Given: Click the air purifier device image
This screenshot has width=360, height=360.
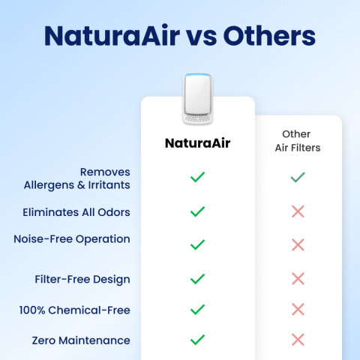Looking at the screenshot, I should tap(197, 99).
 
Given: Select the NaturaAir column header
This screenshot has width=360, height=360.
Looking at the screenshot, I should tap(197, 142).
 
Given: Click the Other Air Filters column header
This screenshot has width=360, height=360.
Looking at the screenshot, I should tap(297, 141).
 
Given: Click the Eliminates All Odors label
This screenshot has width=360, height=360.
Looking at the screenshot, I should tap(76, 212).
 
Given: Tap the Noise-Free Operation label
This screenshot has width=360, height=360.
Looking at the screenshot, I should tap(72, 238).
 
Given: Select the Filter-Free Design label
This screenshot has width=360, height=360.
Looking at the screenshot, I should tap(82, 279).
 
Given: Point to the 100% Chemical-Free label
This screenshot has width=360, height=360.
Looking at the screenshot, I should tap(77, 310).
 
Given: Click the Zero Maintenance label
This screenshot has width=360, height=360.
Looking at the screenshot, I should tap(81, 340).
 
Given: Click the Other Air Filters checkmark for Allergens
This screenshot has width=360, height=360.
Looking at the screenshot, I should tap(298, 178).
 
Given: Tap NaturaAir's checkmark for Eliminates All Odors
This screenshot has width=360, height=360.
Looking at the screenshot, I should tap(197, 211).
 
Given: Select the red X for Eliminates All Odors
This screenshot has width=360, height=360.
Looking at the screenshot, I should tap(298, 211).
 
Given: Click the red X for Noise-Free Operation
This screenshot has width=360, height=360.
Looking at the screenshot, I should tap(298, 244).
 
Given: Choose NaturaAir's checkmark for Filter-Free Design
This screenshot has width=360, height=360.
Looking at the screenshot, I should tap(197, 279).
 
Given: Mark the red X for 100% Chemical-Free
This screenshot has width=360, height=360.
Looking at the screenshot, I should tap(298, 309).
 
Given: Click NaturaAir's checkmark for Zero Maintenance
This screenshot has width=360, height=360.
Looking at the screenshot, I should tap(197, 340).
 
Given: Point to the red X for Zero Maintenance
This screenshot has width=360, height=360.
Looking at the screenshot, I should tap(298, 340).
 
